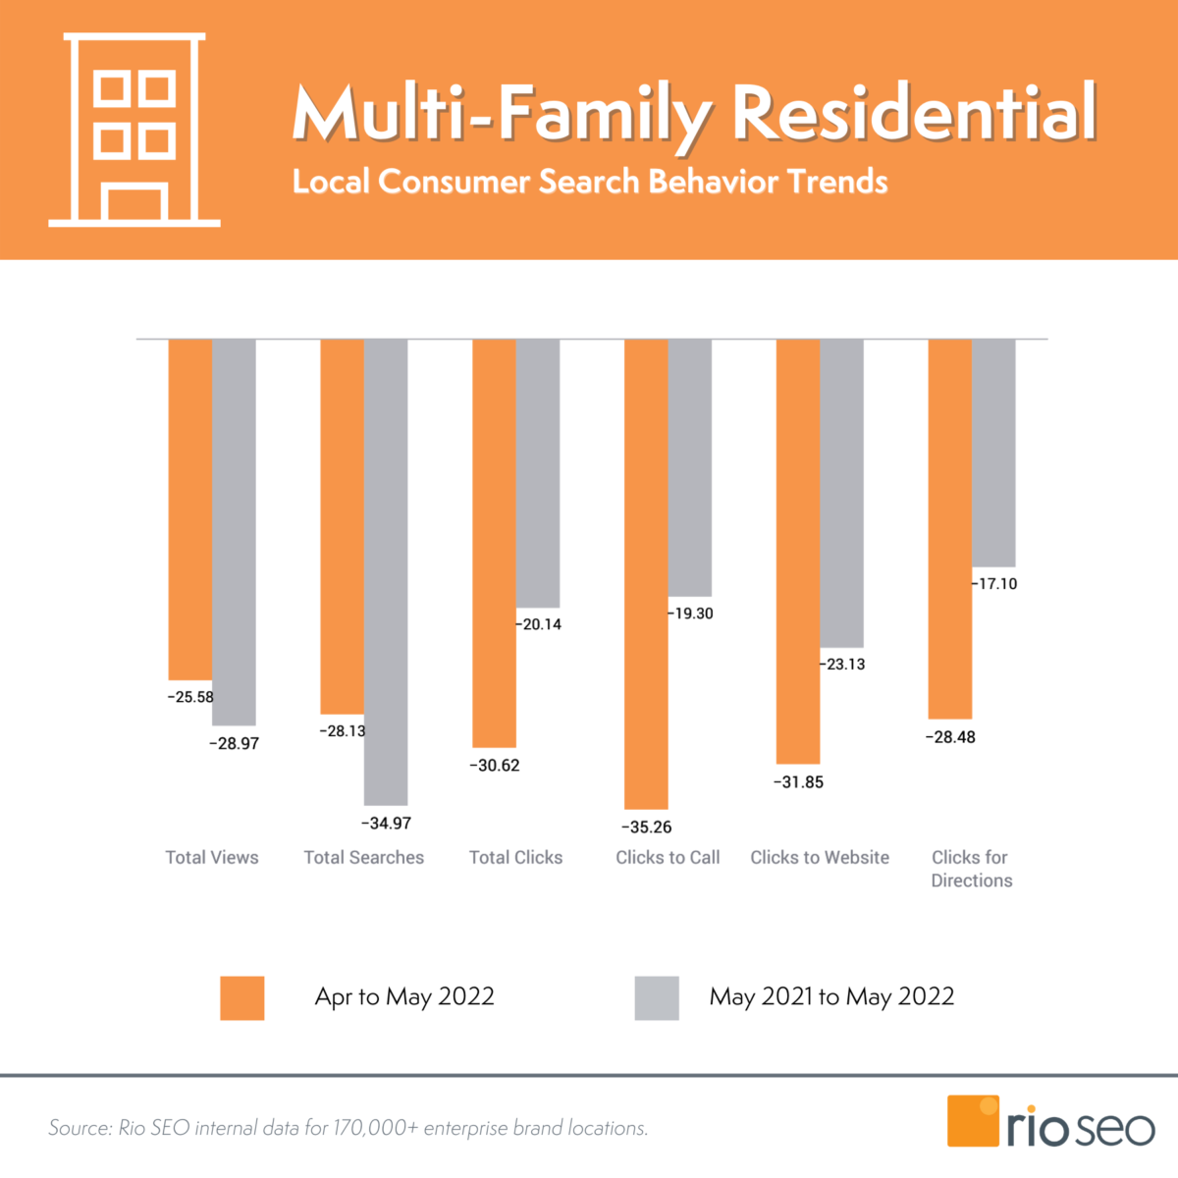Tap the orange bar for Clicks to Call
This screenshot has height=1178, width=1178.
646,573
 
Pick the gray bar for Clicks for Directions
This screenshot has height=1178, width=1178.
993,453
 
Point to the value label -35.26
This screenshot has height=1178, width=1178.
647,827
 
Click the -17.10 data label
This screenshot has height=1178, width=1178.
995,584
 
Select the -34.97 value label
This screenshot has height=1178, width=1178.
386,823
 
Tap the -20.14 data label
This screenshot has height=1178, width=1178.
540,624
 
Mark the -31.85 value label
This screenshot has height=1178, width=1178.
798,782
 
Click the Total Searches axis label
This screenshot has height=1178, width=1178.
364,857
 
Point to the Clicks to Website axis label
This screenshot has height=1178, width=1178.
820,857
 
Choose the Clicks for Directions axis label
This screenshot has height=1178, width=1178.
971,869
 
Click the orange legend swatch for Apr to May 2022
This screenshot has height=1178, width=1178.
242,997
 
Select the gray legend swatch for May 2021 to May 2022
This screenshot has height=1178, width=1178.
657,997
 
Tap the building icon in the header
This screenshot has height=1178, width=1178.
134,130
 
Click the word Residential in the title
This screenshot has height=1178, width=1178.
913,113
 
